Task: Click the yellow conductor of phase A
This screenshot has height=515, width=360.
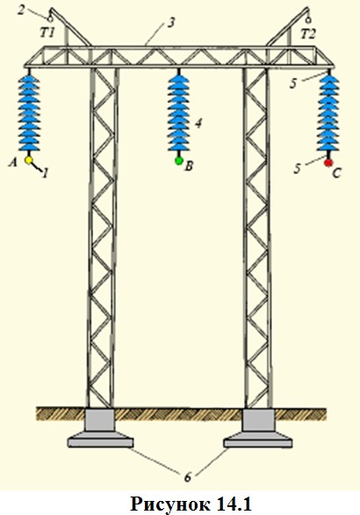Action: tap(29, 160)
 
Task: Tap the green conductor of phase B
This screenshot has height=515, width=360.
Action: tap(179, 161)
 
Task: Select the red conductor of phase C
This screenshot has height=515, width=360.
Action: tap(328, 163)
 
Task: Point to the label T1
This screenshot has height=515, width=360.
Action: tap(48, 33)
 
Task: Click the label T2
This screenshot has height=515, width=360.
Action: tap(308, 33)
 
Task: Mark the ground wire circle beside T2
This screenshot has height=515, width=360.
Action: tap(308, 20)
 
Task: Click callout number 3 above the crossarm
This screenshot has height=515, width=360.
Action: tap(170, 23)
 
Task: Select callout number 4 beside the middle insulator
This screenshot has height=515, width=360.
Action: tap(198, 123)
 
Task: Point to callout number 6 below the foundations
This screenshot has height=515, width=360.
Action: tap(187, 476)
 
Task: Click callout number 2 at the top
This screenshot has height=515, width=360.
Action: tap(21, 10)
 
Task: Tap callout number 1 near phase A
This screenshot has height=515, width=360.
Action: tap(46, 173)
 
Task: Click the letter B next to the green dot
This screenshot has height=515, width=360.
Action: tap(189, 166)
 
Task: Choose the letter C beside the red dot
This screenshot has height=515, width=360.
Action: tap(336, 173)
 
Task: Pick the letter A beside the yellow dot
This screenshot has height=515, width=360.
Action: tap(13, 162)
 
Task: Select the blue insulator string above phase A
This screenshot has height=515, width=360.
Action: tap(29, 112)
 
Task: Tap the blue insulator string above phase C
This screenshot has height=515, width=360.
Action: tap(328, 112)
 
